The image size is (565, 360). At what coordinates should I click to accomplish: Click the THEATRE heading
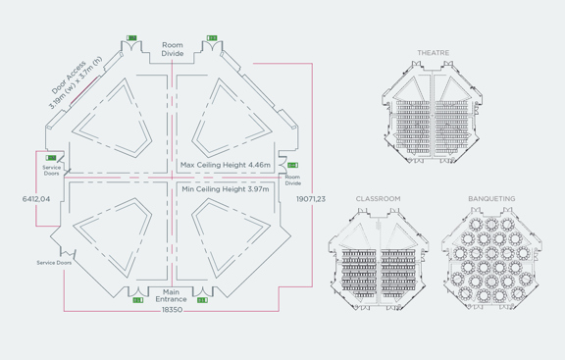[x=433, y=52]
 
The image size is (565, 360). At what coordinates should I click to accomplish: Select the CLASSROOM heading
[x=378, y=199]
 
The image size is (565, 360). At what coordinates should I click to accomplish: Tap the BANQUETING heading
[x=490, y=199]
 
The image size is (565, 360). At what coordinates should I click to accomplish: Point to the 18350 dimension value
[x=172, y=310]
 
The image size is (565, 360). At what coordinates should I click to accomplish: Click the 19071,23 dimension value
[x=311, y=198]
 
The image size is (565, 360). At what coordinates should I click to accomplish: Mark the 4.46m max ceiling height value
[x=258, y=165]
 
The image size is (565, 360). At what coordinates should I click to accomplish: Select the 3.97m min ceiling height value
[x=259, y=188]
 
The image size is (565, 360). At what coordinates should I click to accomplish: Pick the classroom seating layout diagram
[x=378, y=257]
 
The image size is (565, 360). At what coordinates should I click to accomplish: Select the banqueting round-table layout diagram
[x=490, y=257]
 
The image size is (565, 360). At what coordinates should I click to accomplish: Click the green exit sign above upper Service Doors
[x=51, y=157]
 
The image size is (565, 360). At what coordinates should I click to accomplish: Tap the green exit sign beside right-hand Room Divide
[x=292, y=166]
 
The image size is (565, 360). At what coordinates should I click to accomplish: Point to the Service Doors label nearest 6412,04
[x=52, y=171]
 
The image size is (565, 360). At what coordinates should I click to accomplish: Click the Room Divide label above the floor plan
[x=173, y=49]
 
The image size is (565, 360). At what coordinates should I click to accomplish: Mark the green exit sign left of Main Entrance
[x=138, y=300]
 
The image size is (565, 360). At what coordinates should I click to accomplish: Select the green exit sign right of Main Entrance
[x=202, y=300]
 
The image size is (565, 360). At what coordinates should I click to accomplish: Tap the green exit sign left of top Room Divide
[x=132, y=38]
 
